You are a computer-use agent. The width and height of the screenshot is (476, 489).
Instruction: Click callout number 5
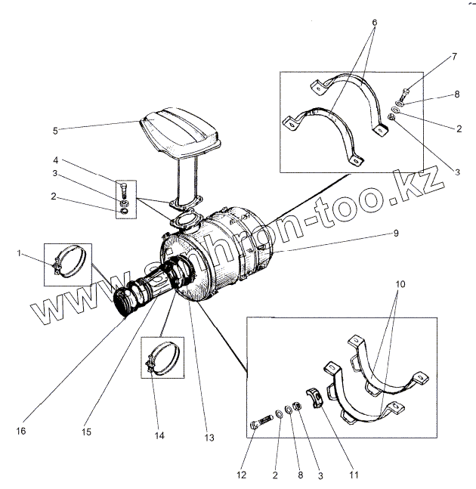(x=55, y=130)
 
